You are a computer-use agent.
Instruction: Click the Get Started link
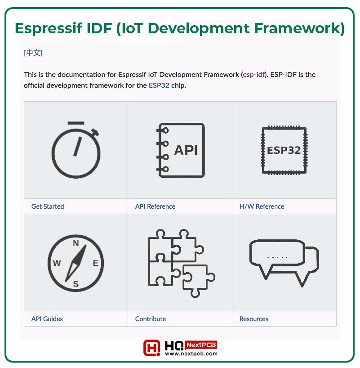(48, 206)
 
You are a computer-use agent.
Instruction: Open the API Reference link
(155, 206)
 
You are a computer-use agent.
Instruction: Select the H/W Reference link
(262, 206)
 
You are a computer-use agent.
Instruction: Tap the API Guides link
(47, 319)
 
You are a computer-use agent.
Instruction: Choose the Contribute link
(151, 319)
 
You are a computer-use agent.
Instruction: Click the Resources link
(254, 319)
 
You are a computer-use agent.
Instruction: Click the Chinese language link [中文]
(33, 53)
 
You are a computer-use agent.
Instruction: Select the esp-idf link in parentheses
(254, 75)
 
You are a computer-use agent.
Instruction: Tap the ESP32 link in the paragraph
(159, 85)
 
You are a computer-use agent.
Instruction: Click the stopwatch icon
(76, 150)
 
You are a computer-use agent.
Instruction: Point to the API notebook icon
(180, 150)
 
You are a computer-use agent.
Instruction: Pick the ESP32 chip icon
(284, 150)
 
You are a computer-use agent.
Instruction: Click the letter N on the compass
(76, 243)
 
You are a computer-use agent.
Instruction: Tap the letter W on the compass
(57, 263)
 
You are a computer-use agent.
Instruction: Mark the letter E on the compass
(95, 263)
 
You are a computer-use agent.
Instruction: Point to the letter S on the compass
(76, 284)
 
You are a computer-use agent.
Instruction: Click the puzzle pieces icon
(182, 263)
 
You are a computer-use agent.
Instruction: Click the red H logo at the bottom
(152, 348)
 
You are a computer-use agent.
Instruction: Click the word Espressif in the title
(49, 28)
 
